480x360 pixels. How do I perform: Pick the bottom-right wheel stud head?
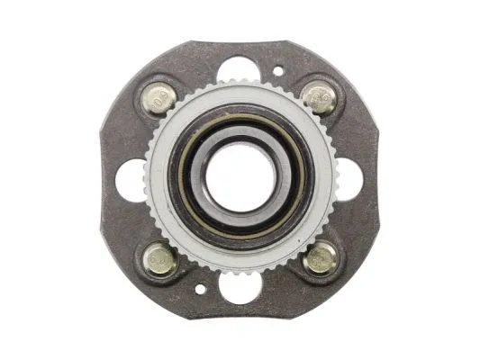(319, 258)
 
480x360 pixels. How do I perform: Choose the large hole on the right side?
(350, 177)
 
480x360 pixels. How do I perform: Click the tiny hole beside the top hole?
(277, 69)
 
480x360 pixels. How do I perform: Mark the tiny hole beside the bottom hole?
(200, 291)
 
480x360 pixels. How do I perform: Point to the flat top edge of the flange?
(240, 41)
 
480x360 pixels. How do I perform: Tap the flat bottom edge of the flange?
(240, 314)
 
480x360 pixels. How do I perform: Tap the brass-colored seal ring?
(185, 177)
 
